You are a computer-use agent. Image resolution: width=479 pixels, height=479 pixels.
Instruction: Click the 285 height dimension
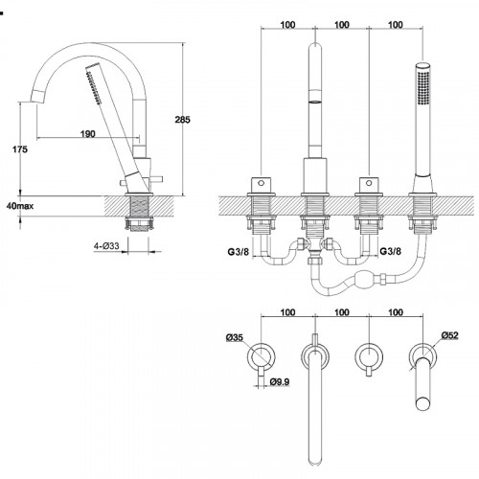[x=182, y=120]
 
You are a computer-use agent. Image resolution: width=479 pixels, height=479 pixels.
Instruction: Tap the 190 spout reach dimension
[x=88, y=134]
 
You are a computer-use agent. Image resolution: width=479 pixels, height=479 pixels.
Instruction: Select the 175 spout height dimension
[x=20, y=149]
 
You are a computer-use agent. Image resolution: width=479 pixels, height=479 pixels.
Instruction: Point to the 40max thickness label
[x=20, y=206]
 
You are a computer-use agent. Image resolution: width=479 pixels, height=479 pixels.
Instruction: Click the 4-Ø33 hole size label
[x=106, y=246]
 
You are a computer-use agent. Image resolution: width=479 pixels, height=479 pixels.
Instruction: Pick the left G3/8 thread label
[x=239, y=252]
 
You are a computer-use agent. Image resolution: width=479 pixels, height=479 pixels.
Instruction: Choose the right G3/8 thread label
[x=390, y=251]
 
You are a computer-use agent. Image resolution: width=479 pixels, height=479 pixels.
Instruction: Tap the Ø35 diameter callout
[x=235, y=337]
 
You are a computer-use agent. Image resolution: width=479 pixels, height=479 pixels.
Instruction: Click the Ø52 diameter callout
[x=450, y=335]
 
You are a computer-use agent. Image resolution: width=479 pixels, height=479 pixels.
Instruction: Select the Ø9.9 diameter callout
[x=280, y=381]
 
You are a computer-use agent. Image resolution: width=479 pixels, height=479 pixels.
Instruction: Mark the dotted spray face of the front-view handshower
[x=423, y=88]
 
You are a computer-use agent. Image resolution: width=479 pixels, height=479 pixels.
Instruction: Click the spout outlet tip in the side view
[x=37, y=97]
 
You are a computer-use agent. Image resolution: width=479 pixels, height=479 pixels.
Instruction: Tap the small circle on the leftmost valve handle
[x=262, y=183]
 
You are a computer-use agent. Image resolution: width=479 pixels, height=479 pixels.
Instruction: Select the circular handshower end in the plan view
[x=423, y=403]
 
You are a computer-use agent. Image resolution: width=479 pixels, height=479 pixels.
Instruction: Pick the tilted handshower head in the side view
[x=94, y=84]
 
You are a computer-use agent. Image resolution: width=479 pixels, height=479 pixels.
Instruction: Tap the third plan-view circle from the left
[x=369, y=357]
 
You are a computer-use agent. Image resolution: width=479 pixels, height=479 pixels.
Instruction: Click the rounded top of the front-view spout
[x=315, y=47]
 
